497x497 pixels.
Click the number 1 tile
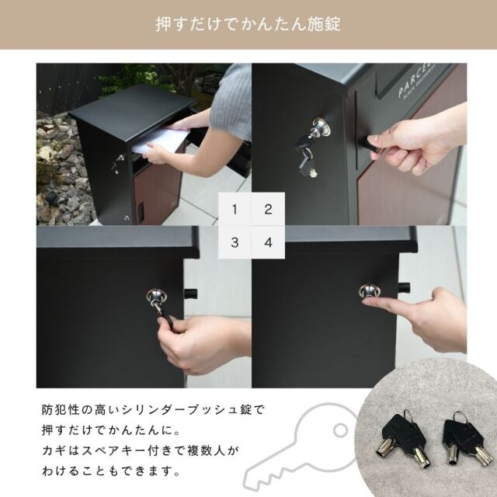[x=235, y=209]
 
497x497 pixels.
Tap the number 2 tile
[x=268, y=209]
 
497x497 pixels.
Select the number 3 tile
[x=235, y=242]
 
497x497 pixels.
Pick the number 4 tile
[x=268, y=242]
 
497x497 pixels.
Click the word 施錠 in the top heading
[x=324, y=24]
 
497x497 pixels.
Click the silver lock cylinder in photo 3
[x=155, y=297]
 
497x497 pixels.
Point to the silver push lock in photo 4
[x=370, y=291]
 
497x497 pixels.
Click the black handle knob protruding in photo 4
[x=404, y=287]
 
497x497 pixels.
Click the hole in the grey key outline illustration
[x=340, y=430]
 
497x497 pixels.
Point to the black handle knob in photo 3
[x=190, y=294]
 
